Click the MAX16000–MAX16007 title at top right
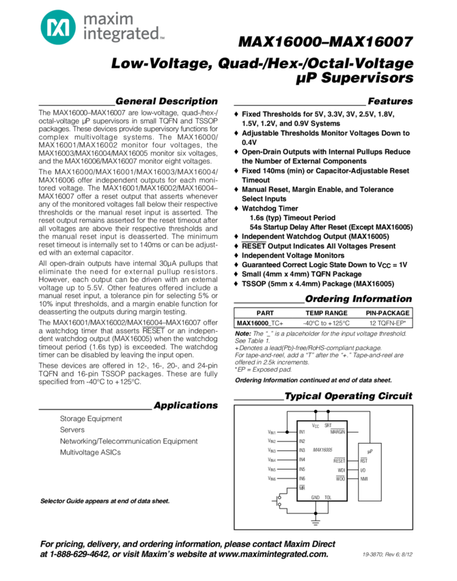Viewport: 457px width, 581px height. (326, 42)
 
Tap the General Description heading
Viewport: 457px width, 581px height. (167, 100)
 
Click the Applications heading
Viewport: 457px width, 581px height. (186, 405)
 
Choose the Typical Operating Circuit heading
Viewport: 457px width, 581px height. (348, 397)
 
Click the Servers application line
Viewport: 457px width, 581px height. (72, 429)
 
